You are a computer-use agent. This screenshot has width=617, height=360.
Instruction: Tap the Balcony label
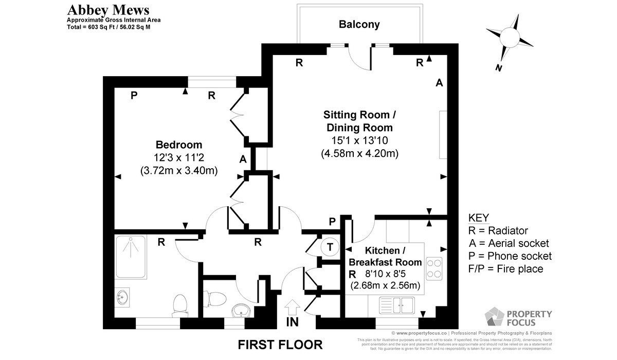[x=359, y=24]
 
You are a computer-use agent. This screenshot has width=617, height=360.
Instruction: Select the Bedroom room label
[x=179, y=145]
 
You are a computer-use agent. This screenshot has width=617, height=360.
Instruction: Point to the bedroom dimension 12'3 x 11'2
[x=179, y=158]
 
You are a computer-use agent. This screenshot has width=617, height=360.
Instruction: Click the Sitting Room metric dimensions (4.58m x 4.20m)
[x=359, y=153]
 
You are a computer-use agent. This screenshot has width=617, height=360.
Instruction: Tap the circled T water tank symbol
[x=330, y=247]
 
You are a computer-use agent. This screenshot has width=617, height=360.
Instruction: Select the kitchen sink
[x=396, y=305]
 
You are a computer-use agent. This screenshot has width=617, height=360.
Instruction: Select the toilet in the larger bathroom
[x=180, y=303]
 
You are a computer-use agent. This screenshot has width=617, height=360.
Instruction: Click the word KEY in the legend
[x=479, y=218]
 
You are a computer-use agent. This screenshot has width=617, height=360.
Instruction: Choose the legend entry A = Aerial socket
[x=509, y=243]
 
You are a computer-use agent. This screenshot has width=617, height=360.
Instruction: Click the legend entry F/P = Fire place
[x=505, y=269]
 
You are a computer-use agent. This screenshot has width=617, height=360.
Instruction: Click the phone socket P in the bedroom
[x=134, y=95]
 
